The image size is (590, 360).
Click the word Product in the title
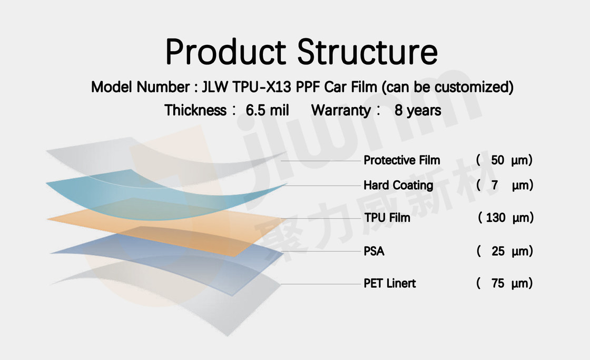pos(225,52)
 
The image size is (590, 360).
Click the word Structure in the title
pos(368,52)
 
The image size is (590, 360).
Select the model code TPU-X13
pos(262,87)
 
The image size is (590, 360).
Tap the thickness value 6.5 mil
pos(267,110)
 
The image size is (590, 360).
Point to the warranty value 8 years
pos(418,110)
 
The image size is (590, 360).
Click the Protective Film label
pos(401,160)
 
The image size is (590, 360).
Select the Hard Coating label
pos(398,186)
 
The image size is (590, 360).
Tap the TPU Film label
pos(387,218)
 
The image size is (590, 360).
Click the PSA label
pos(373,251)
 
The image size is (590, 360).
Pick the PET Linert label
pos(389,283)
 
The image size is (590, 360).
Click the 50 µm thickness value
pos(504,160)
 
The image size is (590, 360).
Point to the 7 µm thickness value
pos(505,186)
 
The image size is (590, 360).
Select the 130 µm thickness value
pos(506,218)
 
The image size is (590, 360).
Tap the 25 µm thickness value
pos(505,251)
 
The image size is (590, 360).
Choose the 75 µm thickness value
pos(504,283)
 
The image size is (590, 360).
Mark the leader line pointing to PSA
pos(321,251)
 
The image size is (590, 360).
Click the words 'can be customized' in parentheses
pos(448,87)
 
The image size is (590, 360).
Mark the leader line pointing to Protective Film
pos(321,161)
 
